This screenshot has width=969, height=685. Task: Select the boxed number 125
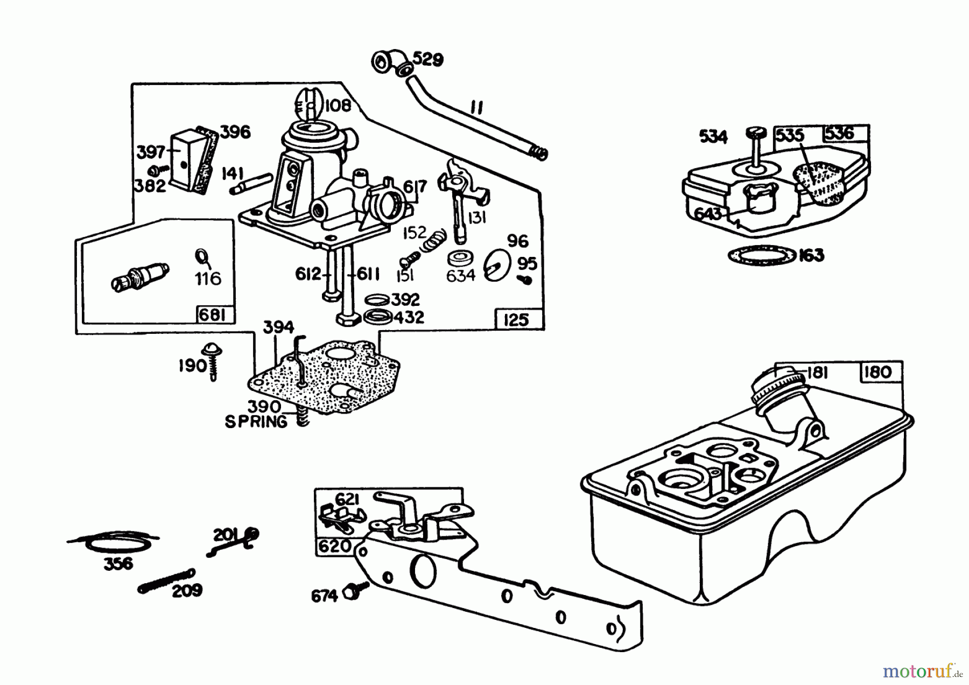click(x=516, y=320)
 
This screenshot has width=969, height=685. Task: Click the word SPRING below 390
click(x=256, y=422)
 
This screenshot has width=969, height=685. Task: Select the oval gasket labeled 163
click(x=762, y=255)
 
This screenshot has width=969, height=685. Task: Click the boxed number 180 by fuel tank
click(x=879, y=372)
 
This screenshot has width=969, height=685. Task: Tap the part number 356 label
click(x=117, y=564)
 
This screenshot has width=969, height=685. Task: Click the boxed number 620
click(x=335, y=546)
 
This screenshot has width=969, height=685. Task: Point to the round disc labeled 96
click(x=496, y=265)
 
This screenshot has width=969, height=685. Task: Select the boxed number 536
click(x=839, y=134)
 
